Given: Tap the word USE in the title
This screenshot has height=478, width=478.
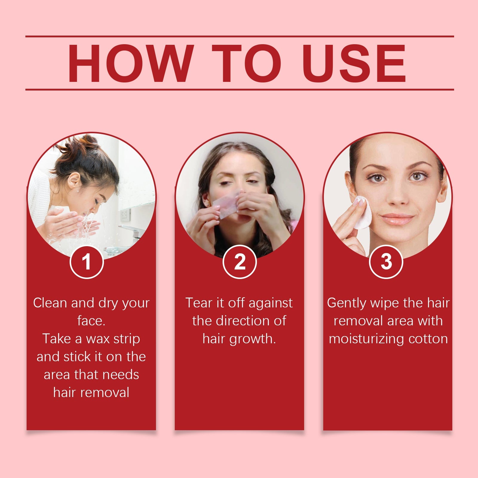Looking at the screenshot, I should tap(354, 63).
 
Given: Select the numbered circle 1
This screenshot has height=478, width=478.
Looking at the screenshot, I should tap(87, 262).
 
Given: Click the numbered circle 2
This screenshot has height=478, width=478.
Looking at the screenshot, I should tap(240, 262).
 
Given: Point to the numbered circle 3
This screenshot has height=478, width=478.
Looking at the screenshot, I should tap(386, 262).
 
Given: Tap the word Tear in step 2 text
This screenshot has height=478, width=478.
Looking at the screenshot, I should tap(198, 303).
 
